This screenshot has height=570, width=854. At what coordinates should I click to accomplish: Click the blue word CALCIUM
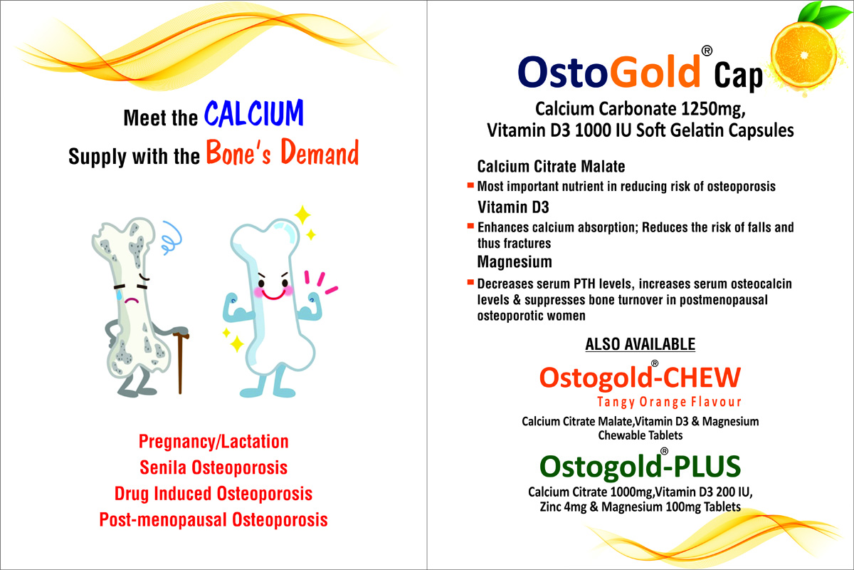point(254,113)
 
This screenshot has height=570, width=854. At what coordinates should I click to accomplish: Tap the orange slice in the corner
point(803,56)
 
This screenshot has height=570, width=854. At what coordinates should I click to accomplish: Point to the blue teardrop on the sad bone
point(120,294)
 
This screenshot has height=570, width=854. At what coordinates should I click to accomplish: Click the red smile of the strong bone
point(273,295)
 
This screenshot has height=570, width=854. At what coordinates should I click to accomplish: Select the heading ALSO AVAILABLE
point(640,344)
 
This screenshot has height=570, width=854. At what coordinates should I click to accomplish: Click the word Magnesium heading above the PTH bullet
point(515,262)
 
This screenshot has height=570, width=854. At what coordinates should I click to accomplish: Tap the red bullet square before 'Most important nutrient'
point(470,186)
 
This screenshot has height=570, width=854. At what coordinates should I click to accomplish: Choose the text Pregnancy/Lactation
point(213,441)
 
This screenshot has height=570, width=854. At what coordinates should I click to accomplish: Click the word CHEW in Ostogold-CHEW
point(702,377)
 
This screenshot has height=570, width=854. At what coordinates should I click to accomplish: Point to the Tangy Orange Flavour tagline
point(669,402)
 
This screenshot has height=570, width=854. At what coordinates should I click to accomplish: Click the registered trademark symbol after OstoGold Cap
point(707,51)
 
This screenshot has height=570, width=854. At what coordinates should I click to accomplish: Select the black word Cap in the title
point(738,76)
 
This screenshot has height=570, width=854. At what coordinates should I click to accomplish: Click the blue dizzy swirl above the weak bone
point(172,237)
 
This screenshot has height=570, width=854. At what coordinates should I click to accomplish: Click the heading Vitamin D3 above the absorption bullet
point(513,207)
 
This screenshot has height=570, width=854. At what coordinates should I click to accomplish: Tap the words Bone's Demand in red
point(283,152)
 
